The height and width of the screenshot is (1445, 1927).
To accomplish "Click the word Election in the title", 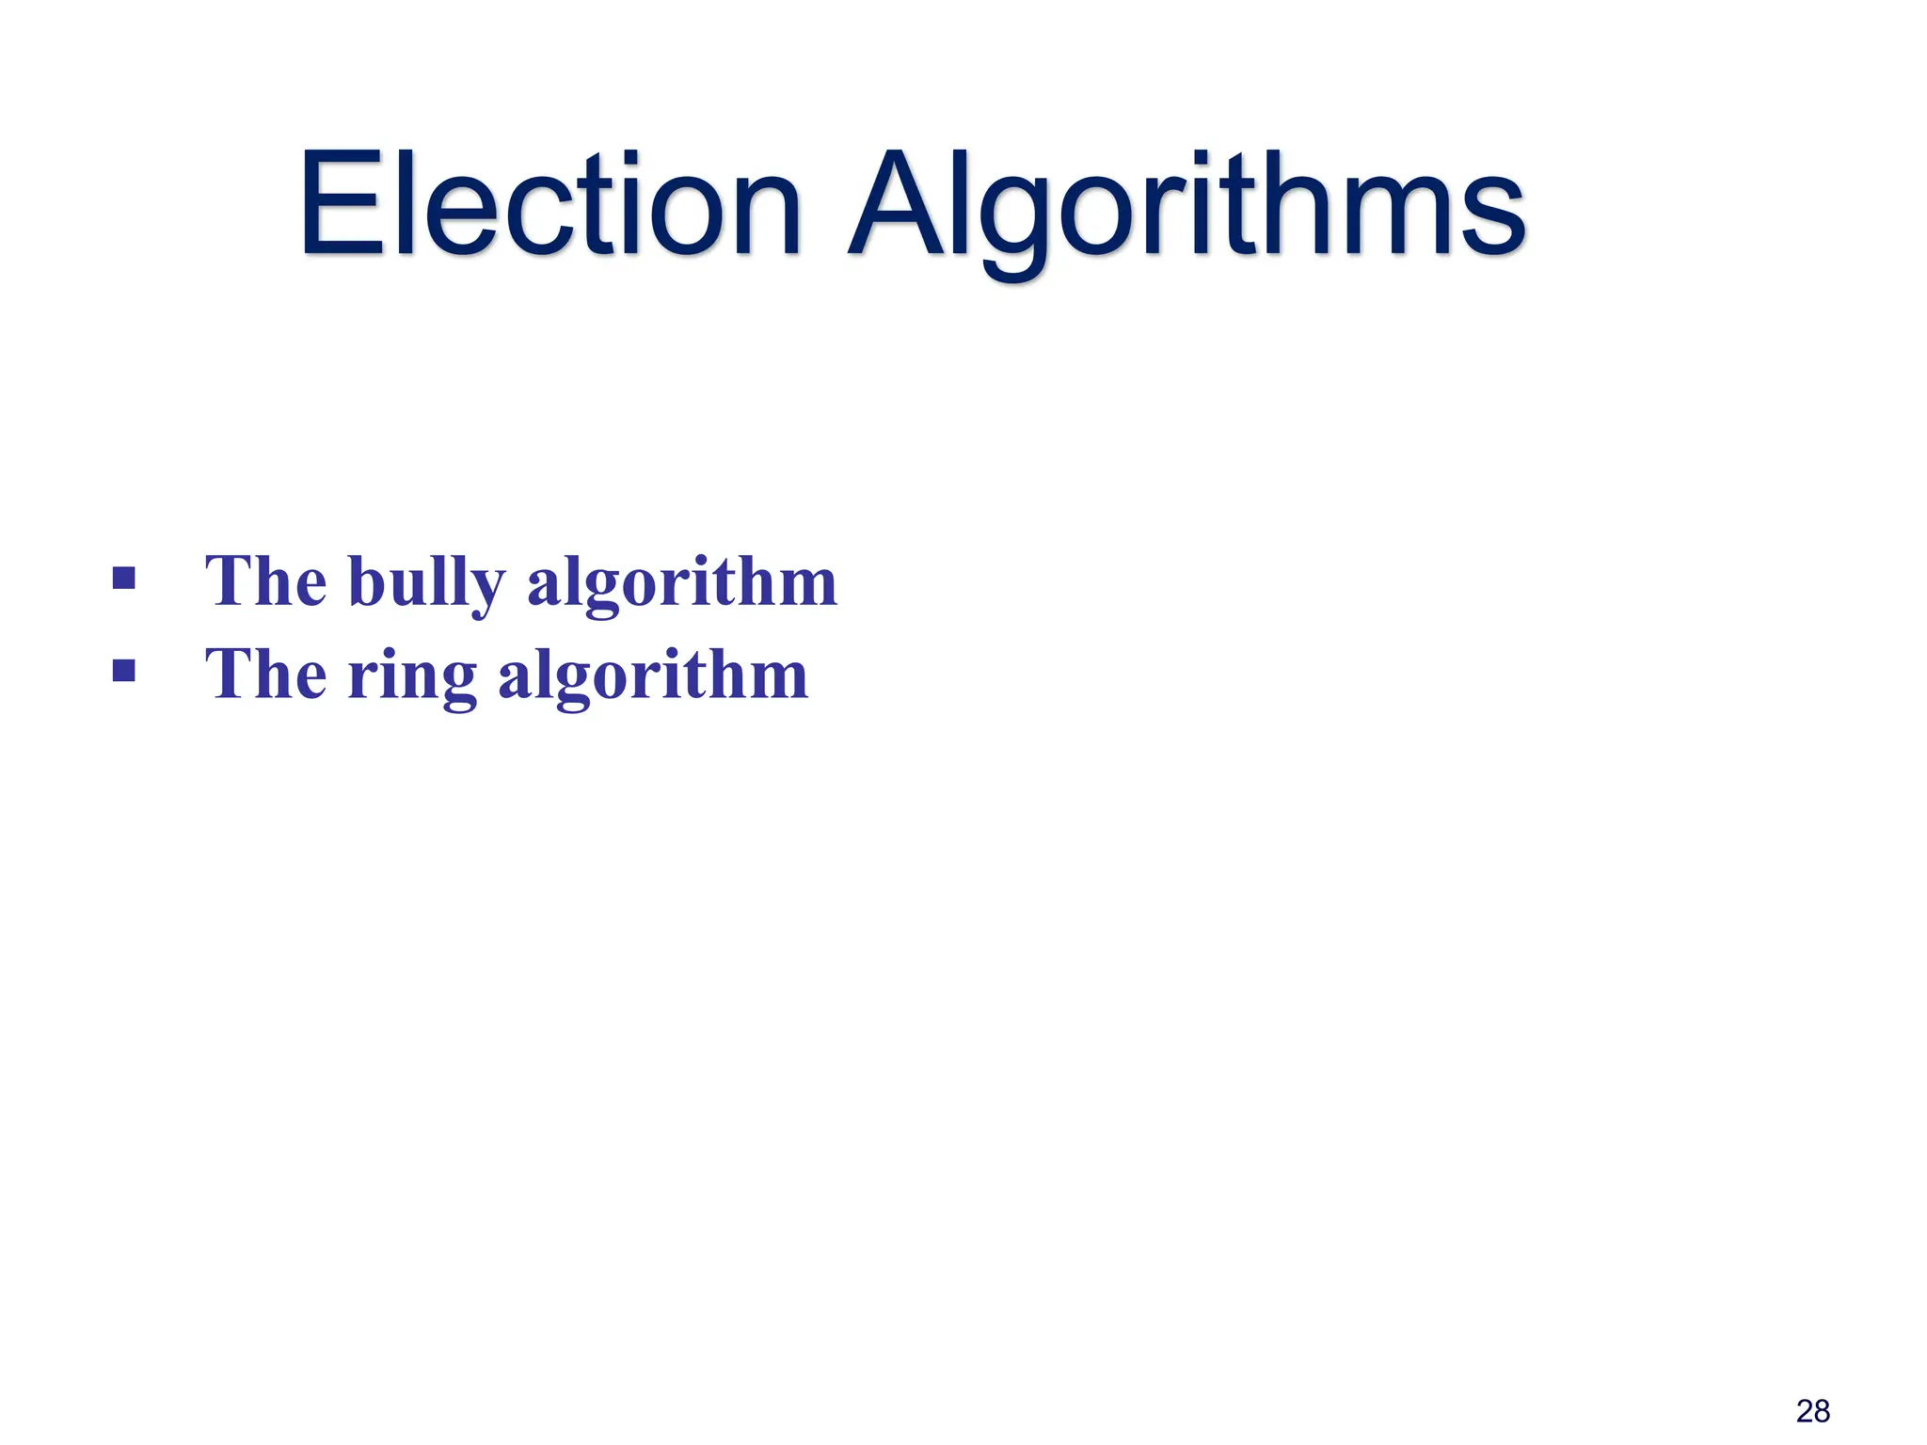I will [x=550, y=204].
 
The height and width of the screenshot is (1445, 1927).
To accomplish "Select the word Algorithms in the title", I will [x=1187, y=204].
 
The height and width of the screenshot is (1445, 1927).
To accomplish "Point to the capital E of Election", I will [x=342, y=204].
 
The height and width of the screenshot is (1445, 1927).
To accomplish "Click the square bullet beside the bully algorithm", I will [x=123, y=577].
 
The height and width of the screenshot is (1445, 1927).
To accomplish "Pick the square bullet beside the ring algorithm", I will [x=123, y=670].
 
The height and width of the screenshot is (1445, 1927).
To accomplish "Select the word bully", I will [x=426, y=583].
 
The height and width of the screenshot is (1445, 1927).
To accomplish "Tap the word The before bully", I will [x=266, y=581].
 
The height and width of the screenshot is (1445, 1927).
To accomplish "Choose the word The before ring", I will [x=266, y=675].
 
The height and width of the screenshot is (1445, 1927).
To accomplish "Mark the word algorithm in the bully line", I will [x=682, y=583].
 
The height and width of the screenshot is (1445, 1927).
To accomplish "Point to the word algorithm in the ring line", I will [x=653, y=676].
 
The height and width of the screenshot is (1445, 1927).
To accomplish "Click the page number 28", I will [x=1813, y=1411].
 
